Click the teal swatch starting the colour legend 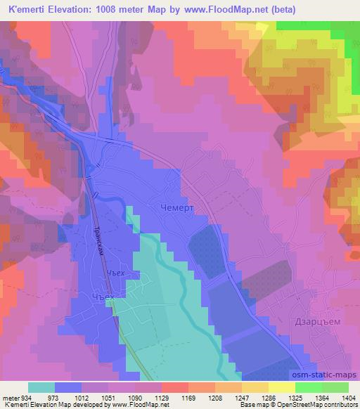pos(41,387)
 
